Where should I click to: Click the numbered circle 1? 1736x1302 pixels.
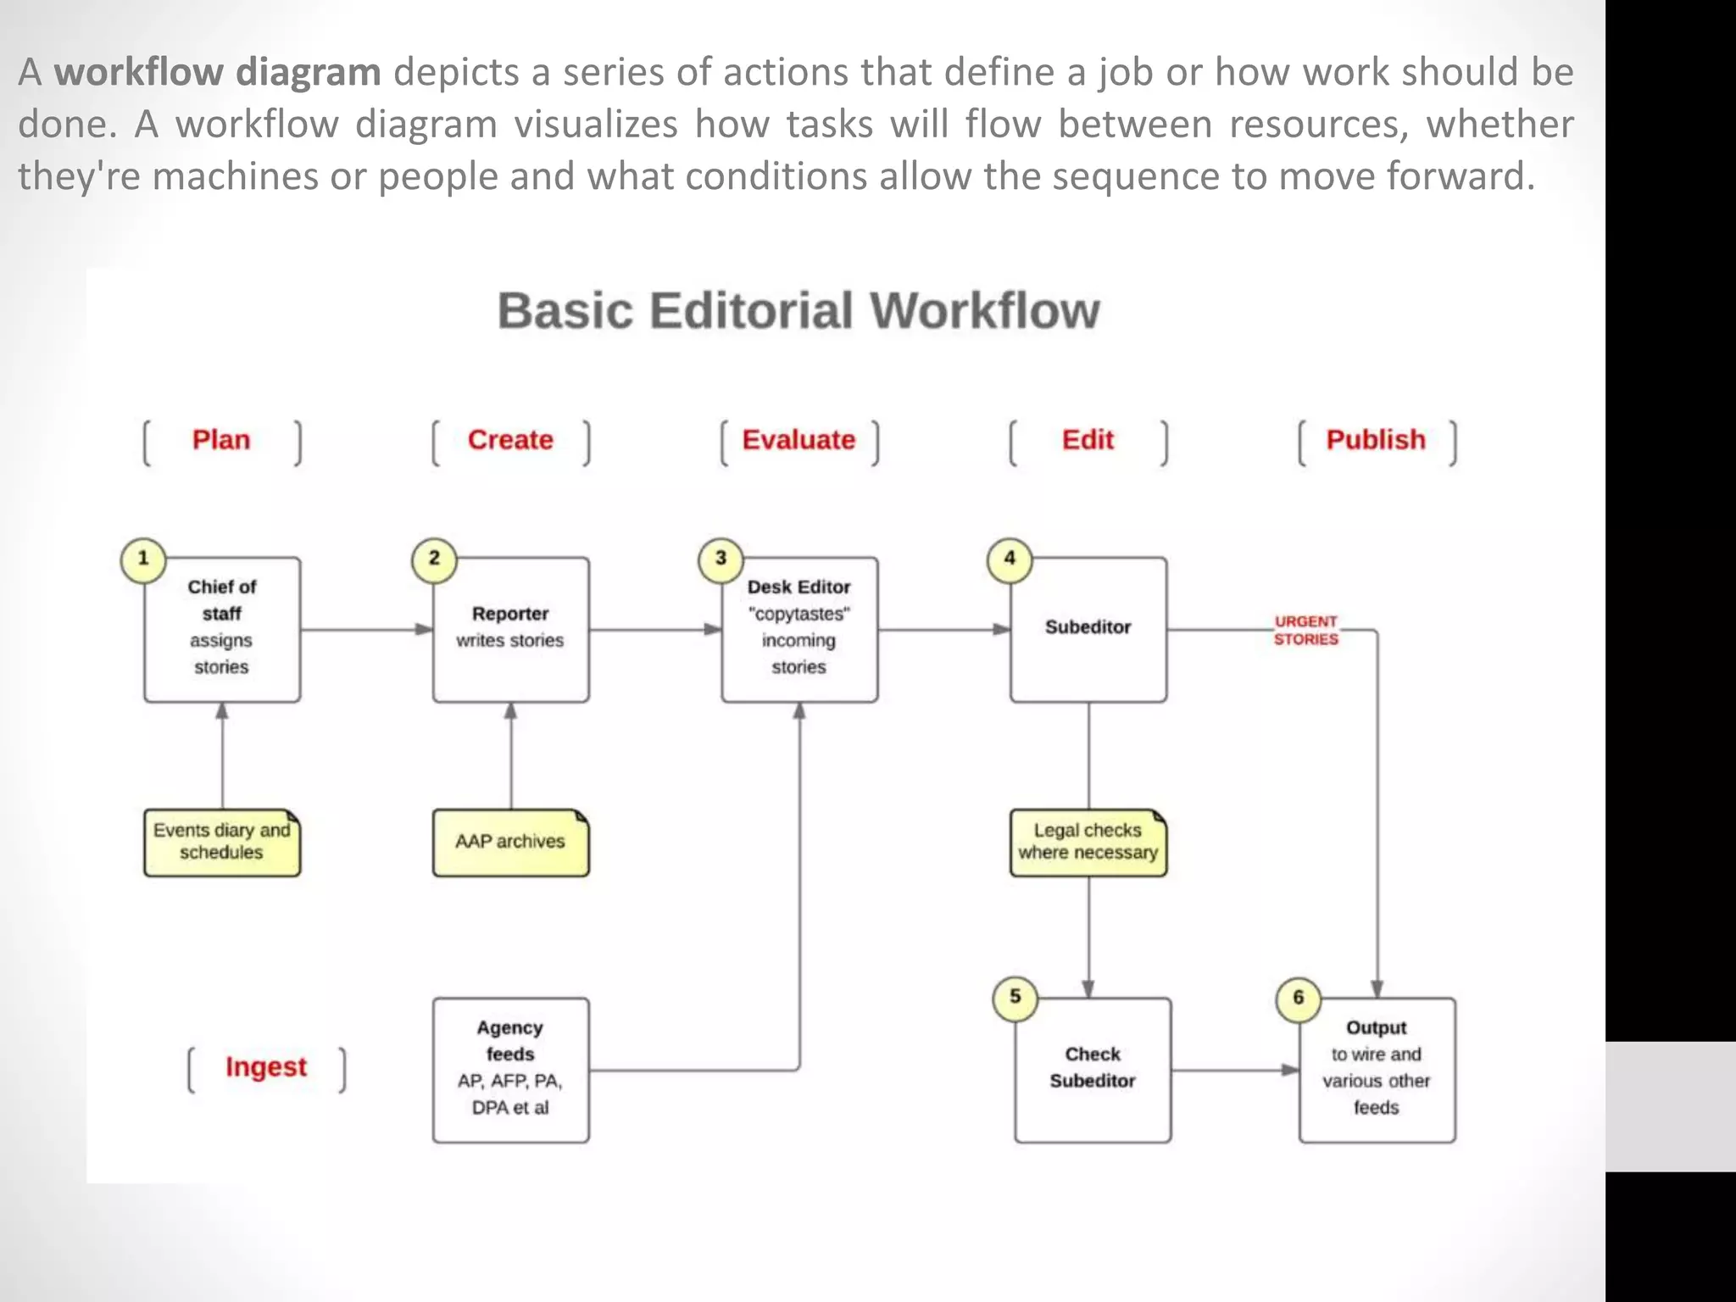point(143,559)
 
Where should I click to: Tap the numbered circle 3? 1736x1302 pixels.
point(721,559)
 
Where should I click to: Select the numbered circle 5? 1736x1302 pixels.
point(1015,998)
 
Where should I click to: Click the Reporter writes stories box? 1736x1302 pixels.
point(510,629)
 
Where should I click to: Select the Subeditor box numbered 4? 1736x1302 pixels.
point(1088,629)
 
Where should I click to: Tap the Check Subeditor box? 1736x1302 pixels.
point(1093,1069)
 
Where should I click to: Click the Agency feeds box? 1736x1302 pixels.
point(510,1069)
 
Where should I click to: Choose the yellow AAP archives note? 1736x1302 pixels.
point(510,842)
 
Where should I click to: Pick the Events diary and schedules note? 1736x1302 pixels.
point(221,842)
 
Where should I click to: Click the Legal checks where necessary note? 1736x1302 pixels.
point(1088,842)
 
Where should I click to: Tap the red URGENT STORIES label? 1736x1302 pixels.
point(1305,631)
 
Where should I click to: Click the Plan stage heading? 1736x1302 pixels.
point(221,440)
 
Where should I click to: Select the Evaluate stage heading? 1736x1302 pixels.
point(798,440)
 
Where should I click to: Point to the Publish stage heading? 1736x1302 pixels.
point(1376,440)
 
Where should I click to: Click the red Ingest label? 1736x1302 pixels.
point(266,1067)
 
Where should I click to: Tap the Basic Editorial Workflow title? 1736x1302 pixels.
point(798,310)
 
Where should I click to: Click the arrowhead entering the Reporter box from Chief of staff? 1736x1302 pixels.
point(424,630)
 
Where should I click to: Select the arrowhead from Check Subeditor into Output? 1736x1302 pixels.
point(1289,1070)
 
